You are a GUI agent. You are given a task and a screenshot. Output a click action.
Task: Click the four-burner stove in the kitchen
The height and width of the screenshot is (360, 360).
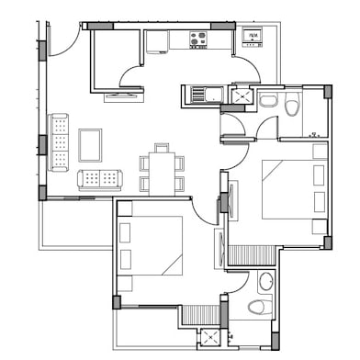198,39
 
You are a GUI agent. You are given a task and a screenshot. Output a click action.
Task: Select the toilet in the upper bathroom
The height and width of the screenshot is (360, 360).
292,105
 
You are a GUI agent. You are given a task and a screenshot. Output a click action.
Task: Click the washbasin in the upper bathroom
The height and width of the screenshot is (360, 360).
269,100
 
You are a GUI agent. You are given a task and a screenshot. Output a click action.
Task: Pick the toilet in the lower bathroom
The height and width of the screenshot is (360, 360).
258,307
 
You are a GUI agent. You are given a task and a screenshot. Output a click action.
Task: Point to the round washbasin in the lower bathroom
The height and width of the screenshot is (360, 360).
265,281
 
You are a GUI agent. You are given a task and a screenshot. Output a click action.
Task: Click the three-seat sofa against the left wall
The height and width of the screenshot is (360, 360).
59,141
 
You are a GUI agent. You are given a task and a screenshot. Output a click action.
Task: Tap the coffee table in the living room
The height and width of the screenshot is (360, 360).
90,144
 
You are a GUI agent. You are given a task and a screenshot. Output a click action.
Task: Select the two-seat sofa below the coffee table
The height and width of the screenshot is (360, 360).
99,179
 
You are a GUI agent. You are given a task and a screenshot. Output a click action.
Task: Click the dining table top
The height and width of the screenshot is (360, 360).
163,172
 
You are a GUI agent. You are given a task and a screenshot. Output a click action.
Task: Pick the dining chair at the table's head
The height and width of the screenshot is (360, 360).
162,147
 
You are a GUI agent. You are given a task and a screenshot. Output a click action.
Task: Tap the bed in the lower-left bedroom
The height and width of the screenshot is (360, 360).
150,245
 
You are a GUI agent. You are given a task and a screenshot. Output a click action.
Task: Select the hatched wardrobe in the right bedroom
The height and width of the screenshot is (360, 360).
252,254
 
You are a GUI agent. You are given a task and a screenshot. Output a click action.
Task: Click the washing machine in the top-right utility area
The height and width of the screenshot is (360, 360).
252,38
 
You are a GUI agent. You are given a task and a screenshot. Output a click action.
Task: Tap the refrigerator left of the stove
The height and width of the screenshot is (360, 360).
157,41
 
